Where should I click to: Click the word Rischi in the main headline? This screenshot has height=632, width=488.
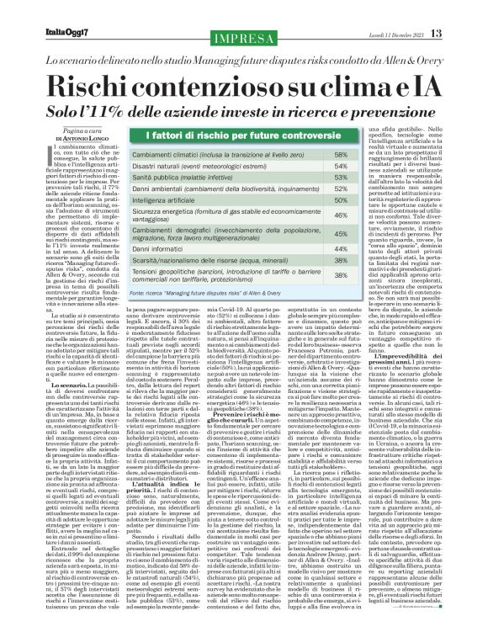pos(91,84)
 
